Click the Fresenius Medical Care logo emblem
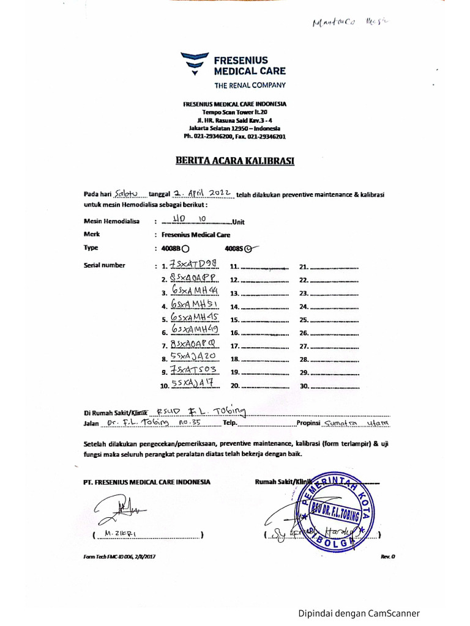pos(195,64)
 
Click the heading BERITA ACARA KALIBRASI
pos(235,161)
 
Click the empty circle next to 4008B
pos(186,249)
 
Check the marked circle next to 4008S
pos(248,249)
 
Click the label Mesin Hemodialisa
pos(112,221)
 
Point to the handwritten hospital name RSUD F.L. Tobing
pos(200,411)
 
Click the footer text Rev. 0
pos(388,557)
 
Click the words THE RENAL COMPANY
pos(248,85)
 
